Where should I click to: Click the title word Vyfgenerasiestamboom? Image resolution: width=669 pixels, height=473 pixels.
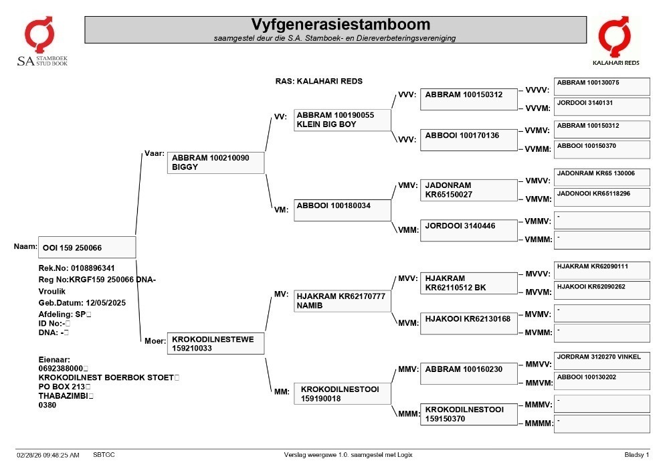click(x=340, y=24)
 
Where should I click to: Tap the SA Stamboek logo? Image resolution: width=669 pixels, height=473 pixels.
click(x=41, y=41)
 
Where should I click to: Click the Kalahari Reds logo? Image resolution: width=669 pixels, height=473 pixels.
click(x=615, y=41)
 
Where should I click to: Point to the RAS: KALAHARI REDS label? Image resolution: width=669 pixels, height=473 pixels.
click(x=318, y=81)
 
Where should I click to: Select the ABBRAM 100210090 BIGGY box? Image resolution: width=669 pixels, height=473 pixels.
click(x=215, y=163)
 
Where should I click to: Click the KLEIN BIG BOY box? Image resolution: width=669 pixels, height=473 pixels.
click(x=342, y=120)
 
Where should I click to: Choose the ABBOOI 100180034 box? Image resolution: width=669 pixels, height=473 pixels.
click(x=342, y=210)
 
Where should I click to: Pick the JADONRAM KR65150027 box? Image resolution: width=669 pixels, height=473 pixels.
click(x=468, y=190)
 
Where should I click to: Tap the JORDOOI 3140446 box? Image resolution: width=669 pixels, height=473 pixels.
click(x=468, y=230)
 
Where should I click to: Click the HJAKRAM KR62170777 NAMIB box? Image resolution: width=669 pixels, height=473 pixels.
click(x=342, y=300)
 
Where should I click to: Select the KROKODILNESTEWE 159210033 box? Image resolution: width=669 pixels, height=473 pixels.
click(x=215, y=343)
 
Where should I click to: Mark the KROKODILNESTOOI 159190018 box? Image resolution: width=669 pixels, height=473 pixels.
click(x=342, y=393)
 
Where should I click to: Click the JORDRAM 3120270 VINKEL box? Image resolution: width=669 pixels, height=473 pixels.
click(x=602, y=361)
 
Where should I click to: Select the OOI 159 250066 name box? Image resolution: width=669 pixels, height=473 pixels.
click(x=87, y=248)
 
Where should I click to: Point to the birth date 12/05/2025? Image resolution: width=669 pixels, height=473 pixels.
click(x=106, y=303)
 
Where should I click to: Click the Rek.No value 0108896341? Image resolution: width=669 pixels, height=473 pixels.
click(x=92, y=268)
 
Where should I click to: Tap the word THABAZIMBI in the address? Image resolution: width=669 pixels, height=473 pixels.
click(x=63, y=396)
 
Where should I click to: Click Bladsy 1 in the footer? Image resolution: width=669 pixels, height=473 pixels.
click(x=637, y=455)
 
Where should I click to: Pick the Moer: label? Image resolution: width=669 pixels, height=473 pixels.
click(x=155, y=341)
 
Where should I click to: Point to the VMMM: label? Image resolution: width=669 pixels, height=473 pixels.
click(x=538, y=240)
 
